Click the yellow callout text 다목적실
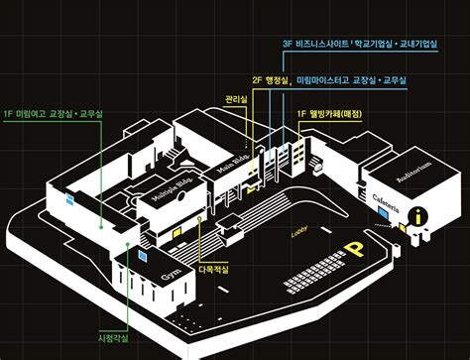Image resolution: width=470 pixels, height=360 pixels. click(x=213, y=268)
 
